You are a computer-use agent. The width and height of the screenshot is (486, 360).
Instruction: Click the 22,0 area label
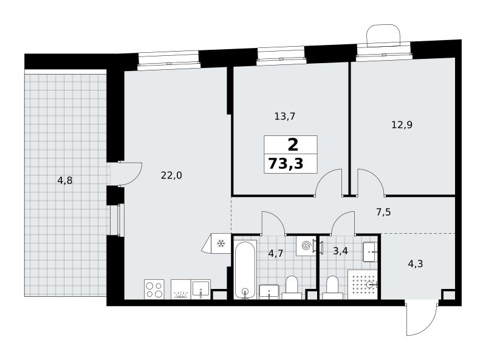[171, 175]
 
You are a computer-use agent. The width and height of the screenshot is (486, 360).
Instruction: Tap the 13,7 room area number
[284, 117]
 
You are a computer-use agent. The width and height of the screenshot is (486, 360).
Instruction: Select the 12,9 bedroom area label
[402, 125]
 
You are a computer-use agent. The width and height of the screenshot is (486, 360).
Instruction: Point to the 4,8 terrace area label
[65, 180]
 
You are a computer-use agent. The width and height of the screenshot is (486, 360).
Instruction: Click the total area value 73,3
[286, 163]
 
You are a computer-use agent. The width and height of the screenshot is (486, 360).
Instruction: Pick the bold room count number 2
[293, 144]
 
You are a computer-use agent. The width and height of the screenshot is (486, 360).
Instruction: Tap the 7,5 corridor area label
[383, 212]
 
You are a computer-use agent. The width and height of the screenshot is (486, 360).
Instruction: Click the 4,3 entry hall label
[416, 264]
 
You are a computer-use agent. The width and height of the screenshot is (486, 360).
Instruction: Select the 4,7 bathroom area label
[276, 253]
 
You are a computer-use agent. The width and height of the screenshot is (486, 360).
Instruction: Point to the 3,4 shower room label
[340, 251]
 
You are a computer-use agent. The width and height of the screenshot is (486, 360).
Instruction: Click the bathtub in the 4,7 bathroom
[245, 270]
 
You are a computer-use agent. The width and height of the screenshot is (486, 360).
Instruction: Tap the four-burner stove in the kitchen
[154, 290]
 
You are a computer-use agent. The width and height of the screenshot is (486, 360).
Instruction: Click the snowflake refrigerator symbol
[221, 243]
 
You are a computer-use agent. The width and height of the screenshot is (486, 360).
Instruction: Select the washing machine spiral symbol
[306, 246]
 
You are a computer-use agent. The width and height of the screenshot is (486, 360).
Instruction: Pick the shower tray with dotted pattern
[362, 284]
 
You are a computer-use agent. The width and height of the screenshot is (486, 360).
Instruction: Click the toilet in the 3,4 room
[332, 288]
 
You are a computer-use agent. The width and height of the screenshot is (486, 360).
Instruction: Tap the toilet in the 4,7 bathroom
[292, 288]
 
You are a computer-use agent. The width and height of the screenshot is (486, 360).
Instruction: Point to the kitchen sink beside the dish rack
[201, 290]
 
